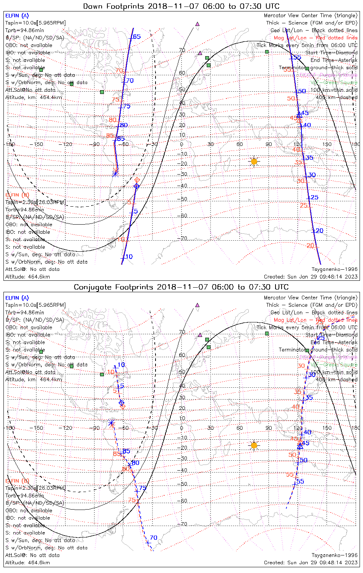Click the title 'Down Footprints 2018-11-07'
(181, 6)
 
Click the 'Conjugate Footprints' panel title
(181, 287)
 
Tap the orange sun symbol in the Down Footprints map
(254, 162)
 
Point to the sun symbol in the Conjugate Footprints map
(254, 445)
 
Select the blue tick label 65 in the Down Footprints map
(136, 37)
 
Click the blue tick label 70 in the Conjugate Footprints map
(153, 538)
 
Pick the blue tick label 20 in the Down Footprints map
(319, 231)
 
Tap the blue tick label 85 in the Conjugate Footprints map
(126, 451)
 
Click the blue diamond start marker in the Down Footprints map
(136, 186)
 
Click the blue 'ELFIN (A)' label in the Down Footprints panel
(17, 16)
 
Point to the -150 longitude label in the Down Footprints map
(39, 144)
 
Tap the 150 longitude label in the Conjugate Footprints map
(327, 428)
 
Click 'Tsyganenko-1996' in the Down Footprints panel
(334, 269)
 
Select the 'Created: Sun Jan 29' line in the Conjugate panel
(311, 562)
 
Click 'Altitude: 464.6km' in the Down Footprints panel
(28, 277)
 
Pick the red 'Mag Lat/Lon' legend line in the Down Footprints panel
(316, 38)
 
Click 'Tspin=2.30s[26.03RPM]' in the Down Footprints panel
(35, 202)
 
